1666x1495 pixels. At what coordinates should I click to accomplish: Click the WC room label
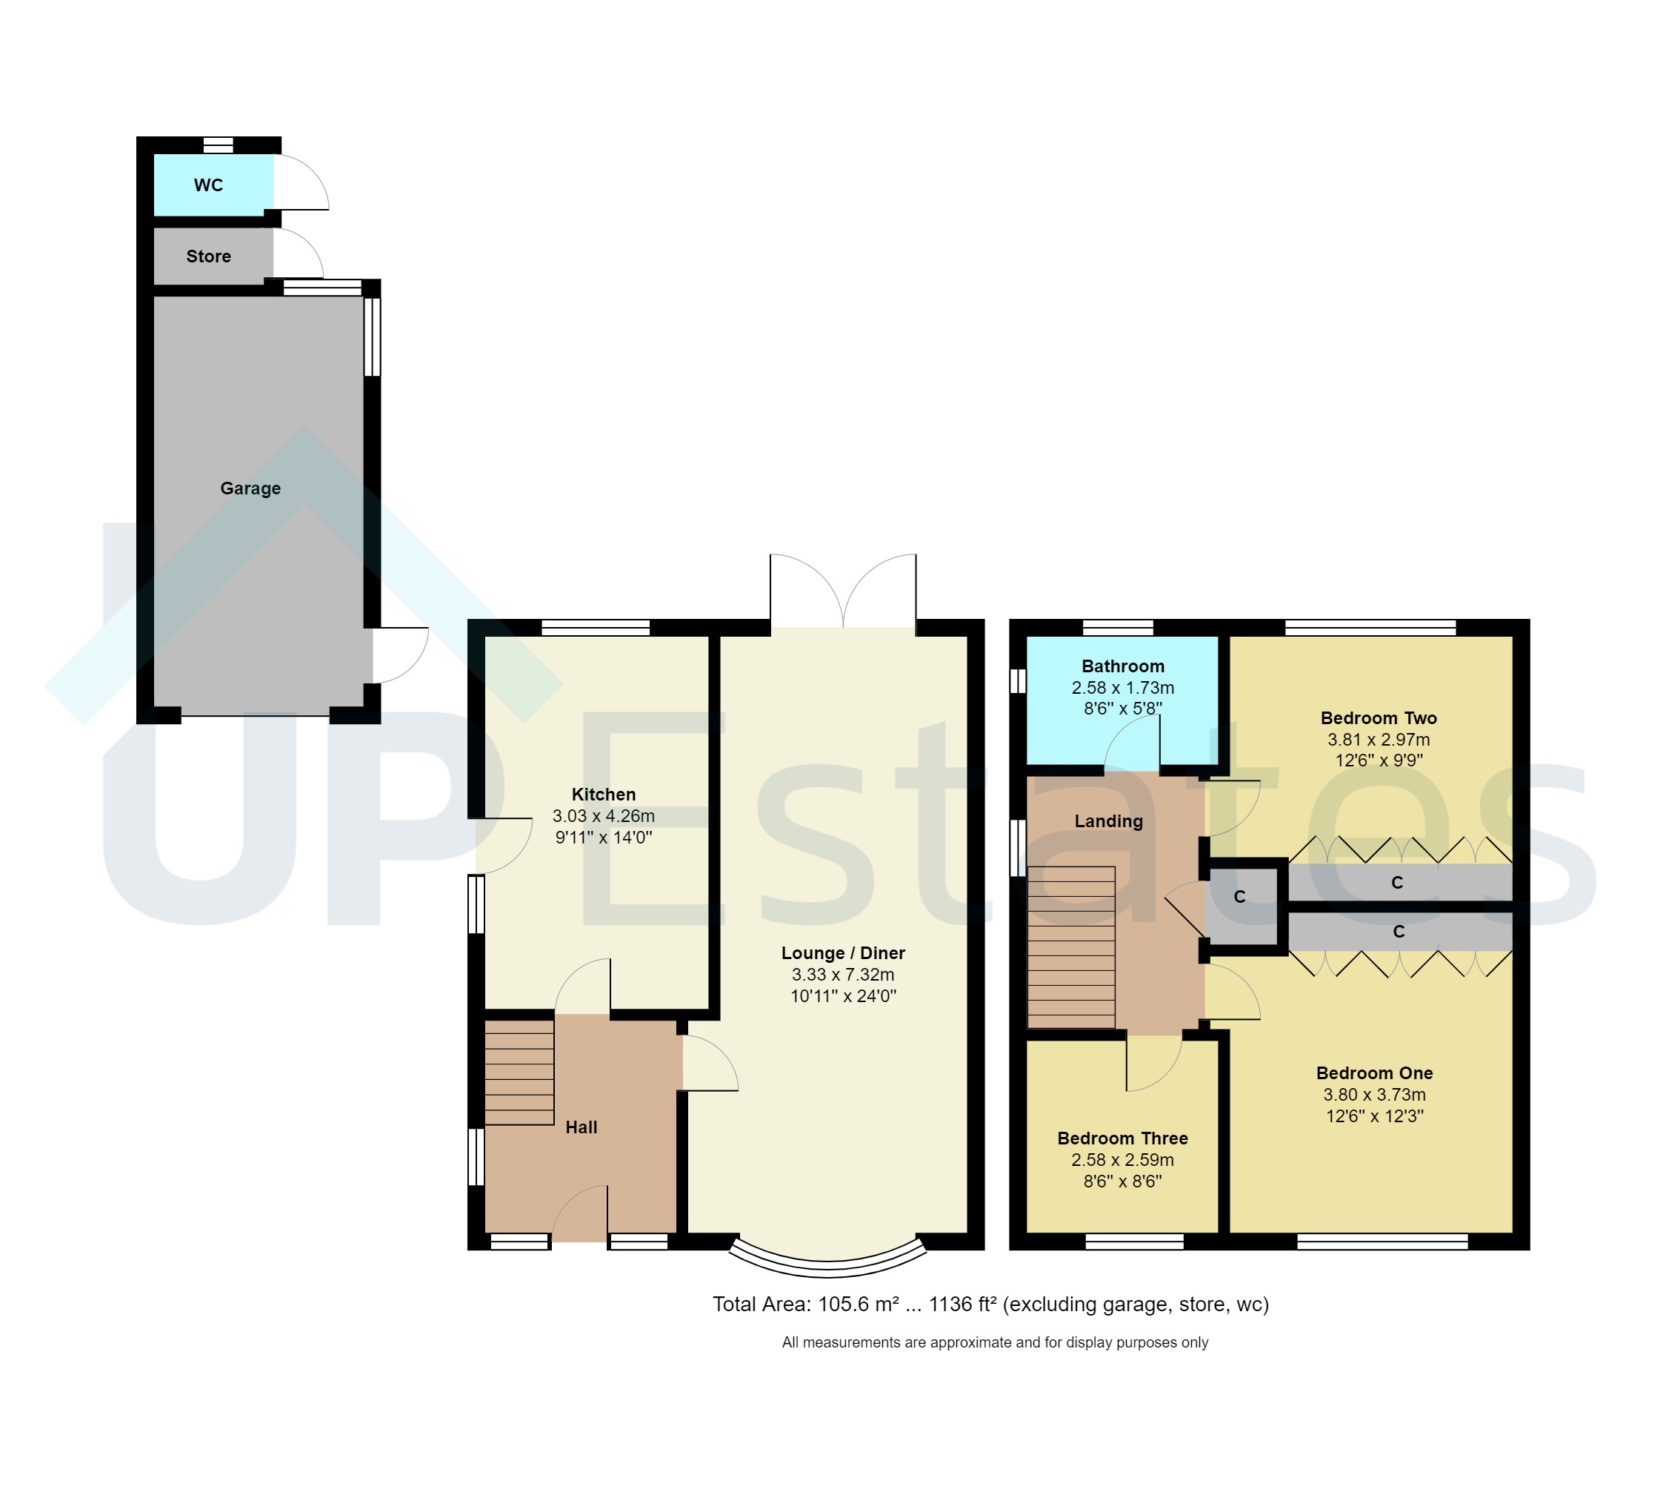tap(209, 185)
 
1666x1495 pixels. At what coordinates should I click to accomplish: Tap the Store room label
tap(209, 256)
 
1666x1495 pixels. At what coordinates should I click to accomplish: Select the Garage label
tap(250, 488)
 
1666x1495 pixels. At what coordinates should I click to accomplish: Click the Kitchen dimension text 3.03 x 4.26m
tap(604, 815)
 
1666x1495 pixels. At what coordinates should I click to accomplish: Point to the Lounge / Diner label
tap(843, 953)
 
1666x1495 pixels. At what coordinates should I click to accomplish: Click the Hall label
tap(582, 1127)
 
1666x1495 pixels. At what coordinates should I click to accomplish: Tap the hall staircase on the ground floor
tap(519, 1072)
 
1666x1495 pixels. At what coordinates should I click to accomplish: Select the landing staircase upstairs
tap(1070, 947)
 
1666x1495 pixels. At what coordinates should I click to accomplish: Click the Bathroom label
tap(1122, 666)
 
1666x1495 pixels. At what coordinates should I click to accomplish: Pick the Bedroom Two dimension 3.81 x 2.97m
tap(1379, 739)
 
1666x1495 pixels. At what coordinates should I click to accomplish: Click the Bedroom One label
tap(1375, 1073)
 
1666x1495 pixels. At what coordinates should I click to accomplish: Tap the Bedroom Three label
tap(1122, 1138)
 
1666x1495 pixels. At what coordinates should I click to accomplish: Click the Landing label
tap(1108, 821)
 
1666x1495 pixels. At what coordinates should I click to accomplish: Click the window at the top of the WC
tap(219, 145)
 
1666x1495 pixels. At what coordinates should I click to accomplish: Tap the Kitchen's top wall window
tap(596, 628)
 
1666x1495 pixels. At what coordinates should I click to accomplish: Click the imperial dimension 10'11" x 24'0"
tap(843, 996)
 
